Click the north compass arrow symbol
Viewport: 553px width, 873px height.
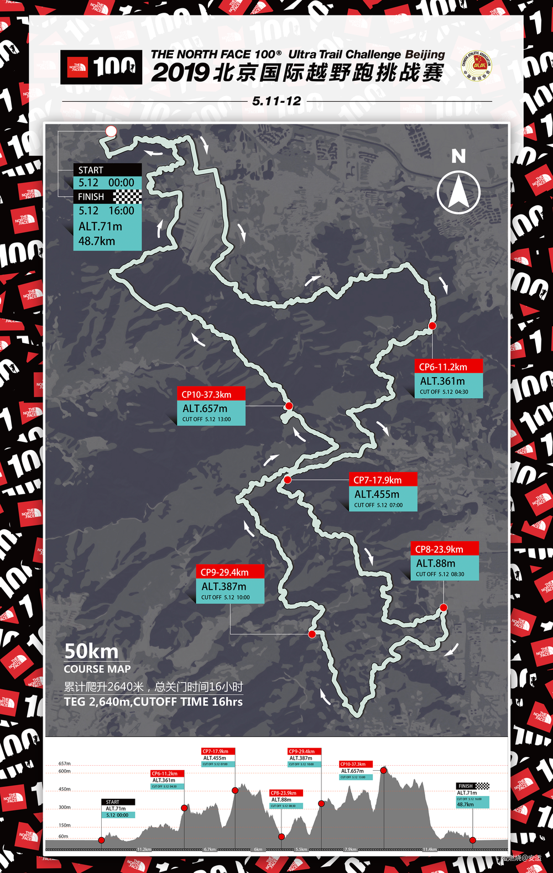(x=458, y=192)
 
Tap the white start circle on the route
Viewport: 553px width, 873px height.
(x=111, y=131)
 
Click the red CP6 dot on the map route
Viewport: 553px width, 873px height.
(x=432, y=326)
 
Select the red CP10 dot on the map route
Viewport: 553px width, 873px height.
(x=289, y=406)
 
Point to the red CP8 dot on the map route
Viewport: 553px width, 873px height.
(x=444, y=608)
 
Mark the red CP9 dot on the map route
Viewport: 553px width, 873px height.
(x=312, y=634)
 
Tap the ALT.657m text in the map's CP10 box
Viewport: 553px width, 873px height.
(x=205, y=409)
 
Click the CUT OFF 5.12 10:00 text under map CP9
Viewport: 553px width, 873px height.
(x=225, y=598)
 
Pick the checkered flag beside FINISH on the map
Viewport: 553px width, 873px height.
(x=127, y=197)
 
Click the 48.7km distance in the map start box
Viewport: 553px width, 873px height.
(x=97, y=241)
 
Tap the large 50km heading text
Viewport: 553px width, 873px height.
(x=91, y=651)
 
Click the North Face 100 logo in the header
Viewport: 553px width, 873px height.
(x=101, y=67)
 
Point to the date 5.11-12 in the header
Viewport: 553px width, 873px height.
(x=276, y=101)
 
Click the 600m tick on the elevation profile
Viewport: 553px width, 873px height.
(x=65, y=771)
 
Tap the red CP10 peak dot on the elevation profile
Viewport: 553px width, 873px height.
(x=383, y=770)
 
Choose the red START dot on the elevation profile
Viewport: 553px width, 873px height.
(x=101, y=840)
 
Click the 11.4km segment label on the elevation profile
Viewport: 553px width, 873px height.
(x=430, y=849)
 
